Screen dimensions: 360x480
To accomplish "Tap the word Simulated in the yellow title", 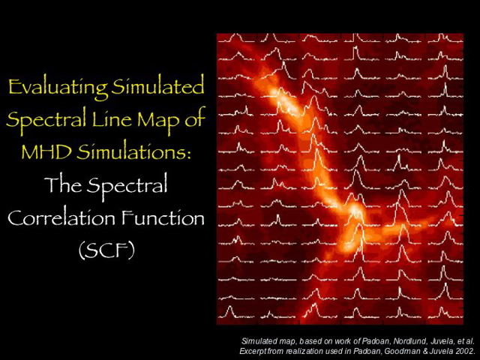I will point(157,88).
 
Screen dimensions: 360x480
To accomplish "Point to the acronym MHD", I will point(46,151).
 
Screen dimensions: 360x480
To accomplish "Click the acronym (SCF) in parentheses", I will point(106,250).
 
